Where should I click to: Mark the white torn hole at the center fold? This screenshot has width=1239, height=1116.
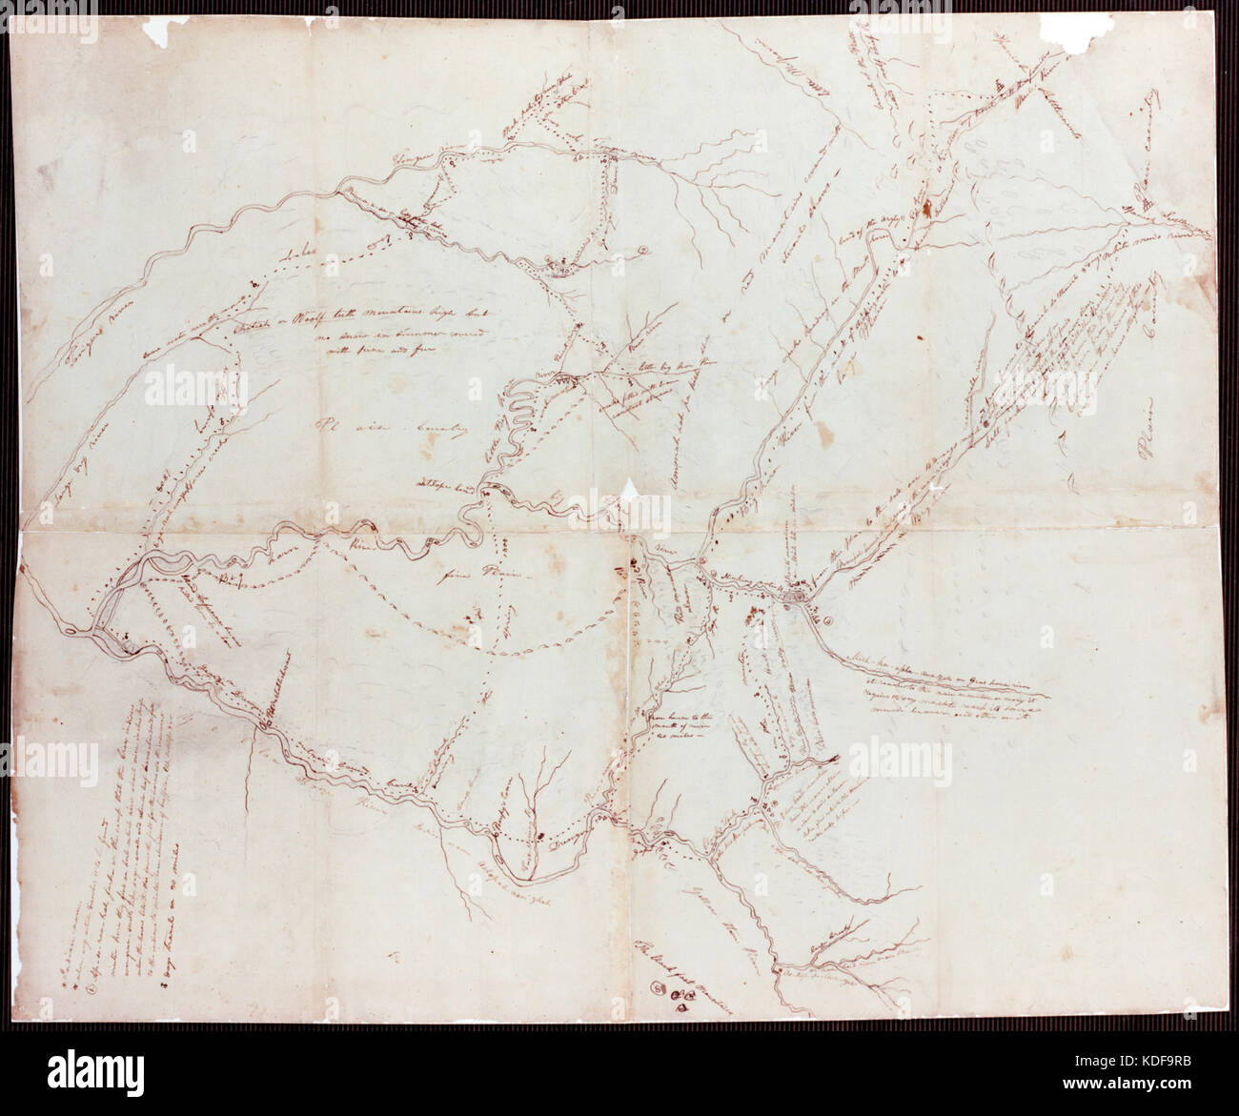(629, 489)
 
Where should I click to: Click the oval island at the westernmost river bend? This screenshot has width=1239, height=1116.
(73, 632)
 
